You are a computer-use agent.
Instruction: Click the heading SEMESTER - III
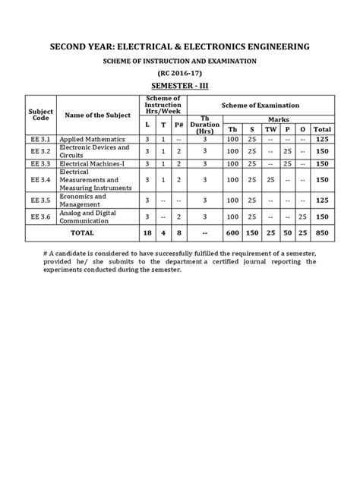(180, 84)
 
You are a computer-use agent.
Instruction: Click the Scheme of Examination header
(260, 105)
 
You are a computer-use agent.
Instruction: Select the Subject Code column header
(40, 115)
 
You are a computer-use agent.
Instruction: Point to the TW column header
(270, 129)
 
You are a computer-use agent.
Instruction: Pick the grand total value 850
(323, 232)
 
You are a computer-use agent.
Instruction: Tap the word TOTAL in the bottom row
(81, 232)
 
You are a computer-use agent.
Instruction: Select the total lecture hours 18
(147, 232)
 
